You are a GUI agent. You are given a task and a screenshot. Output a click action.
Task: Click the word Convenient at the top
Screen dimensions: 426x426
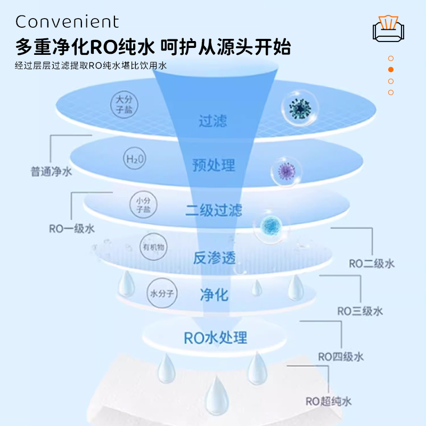(67, 22)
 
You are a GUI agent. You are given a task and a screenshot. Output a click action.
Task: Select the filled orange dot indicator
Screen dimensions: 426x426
(391, 70)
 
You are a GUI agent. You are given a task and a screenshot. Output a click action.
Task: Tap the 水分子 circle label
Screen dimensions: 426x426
(161, 292)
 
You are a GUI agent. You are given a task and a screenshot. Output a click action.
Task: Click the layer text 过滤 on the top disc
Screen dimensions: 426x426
(213, 121)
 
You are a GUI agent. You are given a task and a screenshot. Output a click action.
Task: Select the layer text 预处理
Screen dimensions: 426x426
(214, 165)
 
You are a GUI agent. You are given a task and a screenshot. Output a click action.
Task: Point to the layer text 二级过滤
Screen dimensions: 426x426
(214, 210)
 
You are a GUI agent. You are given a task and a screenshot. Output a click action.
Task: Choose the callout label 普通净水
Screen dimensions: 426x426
(51, 172)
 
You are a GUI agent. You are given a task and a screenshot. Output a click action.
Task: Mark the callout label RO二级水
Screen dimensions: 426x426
(372, 263)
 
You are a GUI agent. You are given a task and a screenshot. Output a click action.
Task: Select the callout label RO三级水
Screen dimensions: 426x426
(361, 311)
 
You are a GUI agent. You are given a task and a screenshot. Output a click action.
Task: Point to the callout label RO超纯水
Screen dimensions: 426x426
(329, 402)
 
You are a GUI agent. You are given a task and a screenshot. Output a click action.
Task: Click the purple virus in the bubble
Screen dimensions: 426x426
(283, 171)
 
